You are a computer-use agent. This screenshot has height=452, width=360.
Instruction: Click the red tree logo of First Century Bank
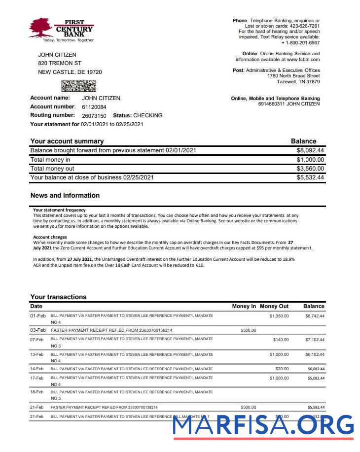pos(40,28)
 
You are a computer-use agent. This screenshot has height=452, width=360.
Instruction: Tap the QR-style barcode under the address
pos(78,86)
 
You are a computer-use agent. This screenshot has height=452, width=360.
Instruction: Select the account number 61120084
pos(94,107)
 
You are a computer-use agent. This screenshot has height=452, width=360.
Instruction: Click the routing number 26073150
pos(94,116)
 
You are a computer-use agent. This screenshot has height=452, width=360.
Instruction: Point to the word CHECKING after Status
pos(147,115)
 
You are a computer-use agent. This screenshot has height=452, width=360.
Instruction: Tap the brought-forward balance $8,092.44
pos(310,150)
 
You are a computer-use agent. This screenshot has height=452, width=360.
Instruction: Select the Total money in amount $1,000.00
pos(310,160)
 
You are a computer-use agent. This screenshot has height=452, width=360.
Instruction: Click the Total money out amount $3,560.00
pos(310,169)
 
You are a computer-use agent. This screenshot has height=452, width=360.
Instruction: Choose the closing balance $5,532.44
pos(310,177)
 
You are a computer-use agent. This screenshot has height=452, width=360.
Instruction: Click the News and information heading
pos(65,195)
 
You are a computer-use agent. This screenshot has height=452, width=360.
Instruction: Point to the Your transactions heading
pos(58,297)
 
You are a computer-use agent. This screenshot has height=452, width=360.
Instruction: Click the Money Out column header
pos(274,306)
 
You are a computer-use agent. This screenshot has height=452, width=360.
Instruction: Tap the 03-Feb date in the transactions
pos(37,330)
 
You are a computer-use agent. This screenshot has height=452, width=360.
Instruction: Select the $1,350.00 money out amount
pos(279,316)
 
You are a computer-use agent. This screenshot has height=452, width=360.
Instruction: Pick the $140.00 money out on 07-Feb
pos(281,340)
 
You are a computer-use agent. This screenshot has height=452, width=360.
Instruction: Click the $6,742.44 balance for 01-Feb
pos(315,316)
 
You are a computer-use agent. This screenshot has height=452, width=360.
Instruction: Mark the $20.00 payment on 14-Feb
pos(282,369)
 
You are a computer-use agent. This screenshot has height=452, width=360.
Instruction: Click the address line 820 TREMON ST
pos(60,64)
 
